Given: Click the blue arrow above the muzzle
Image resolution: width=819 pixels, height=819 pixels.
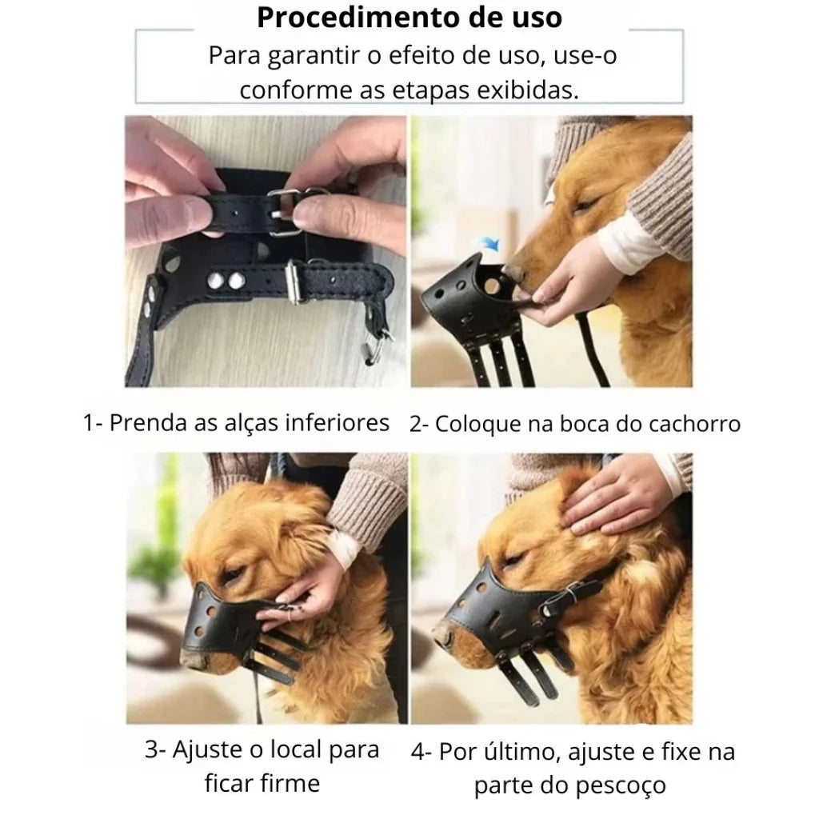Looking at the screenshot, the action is [x=490, y=242].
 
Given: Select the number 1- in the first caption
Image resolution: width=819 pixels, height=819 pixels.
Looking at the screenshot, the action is [x=93, y=423].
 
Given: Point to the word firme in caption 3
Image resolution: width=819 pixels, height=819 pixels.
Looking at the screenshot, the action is [x=294, y=783].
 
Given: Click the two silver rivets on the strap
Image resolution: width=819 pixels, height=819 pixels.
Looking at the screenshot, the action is [x=226, y=282].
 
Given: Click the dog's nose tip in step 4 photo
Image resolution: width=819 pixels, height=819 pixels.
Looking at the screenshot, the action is [x=441, y=635].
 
